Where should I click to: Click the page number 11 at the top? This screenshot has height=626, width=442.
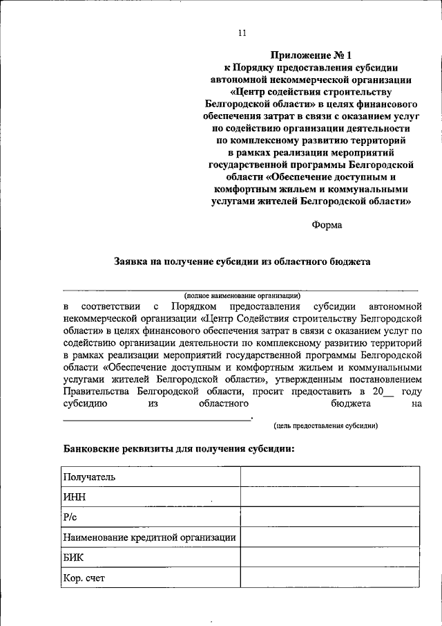(x=241, y=33)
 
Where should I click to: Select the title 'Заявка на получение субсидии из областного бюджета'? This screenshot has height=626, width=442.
(x=242, y=261)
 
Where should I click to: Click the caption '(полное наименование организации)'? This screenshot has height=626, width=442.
(x=242, y=295)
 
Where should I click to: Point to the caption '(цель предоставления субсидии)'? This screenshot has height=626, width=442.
(x=325, y=425)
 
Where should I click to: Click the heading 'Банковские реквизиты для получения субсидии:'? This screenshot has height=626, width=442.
(x=179, y=448)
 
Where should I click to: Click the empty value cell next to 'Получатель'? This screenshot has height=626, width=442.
(x=329, y=477)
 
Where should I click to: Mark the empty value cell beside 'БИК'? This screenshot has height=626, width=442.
(x=329, y=557)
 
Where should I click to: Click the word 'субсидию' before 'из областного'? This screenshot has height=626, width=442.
(x=84, y=404)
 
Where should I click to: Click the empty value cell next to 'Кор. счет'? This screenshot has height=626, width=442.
(x=329, y=577)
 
